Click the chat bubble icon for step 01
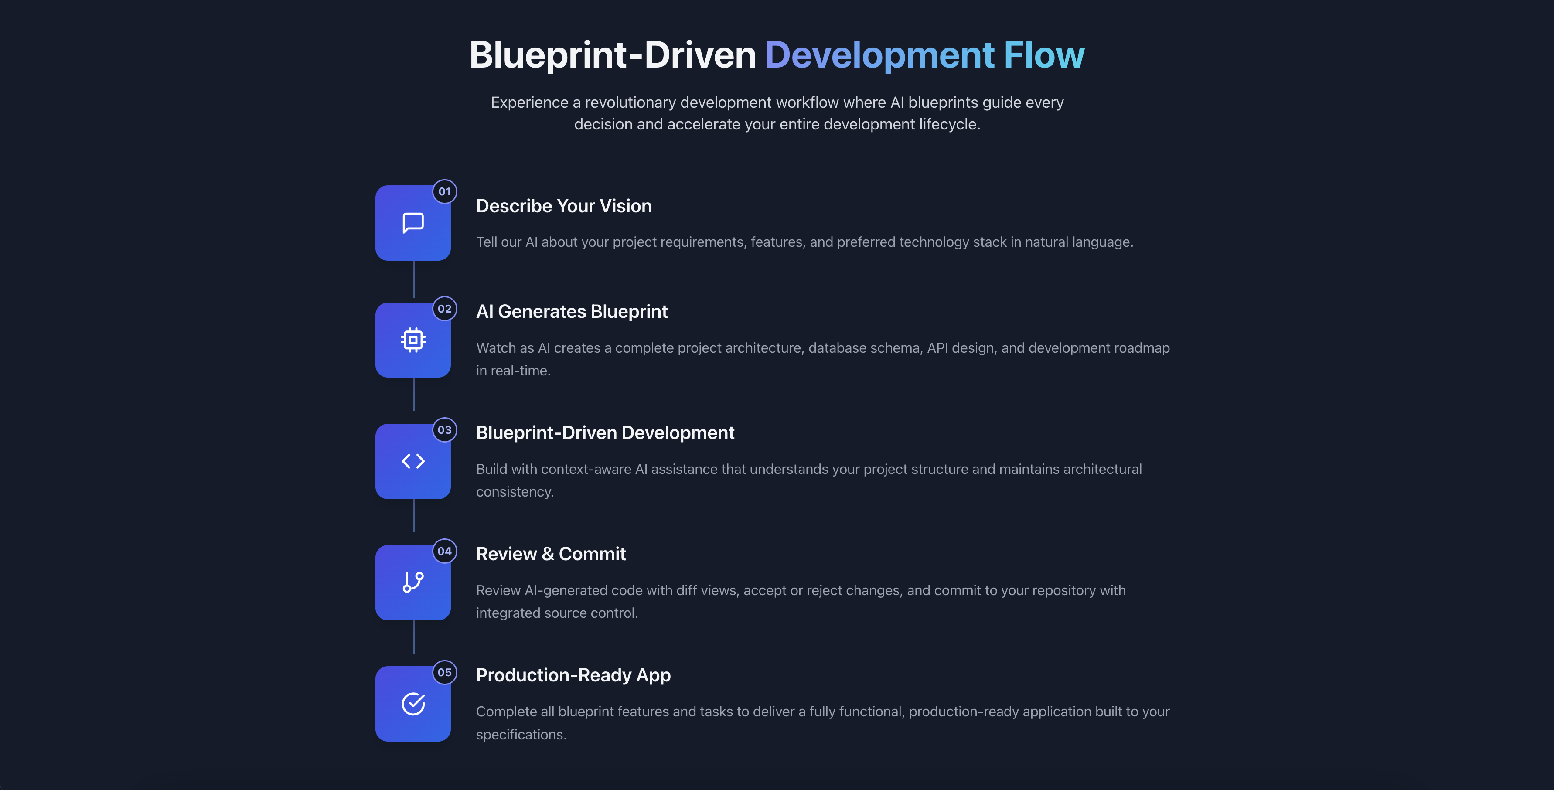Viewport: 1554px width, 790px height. [x=413, y=222]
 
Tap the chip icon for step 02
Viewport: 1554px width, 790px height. [x=413, y=340]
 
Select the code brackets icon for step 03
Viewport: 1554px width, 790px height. [x=413, y=461]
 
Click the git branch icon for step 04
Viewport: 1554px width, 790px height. [x=413, y=582]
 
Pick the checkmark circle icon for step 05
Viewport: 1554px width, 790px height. [x=413, y=704]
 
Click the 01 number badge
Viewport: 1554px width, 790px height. [x=445, y=192]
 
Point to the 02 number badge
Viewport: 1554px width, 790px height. [x=445, y=309]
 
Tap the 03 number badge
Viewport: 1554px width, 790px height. [x=445, y=430]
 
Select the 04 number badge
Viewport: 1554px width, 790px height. [x=445, y=551]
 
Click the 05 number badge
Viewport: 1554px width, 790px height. [x=445, y=672]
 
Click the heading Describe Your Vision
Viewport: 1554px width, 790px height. [x=563, y=206]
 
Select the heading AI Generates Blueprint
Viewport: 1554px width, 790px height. [x=571, y=312]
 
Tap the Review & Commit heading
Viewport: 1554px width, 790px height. [x=550, y=554]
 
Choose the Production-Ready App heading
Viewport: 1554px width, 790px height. [x=573, y=675]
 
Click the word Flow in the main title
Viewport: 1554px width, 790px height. [x=1044, y=55]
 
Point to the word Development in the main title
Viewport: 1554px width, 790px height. [x=879, y=55]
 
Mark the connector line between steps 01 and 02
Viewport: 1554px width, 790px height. [x=414, y=280]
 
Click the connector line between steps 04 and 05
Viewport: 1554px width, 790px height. [x=414, y=637]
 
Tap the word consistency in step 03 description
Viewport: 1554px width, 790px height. [x=514, y=492]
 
